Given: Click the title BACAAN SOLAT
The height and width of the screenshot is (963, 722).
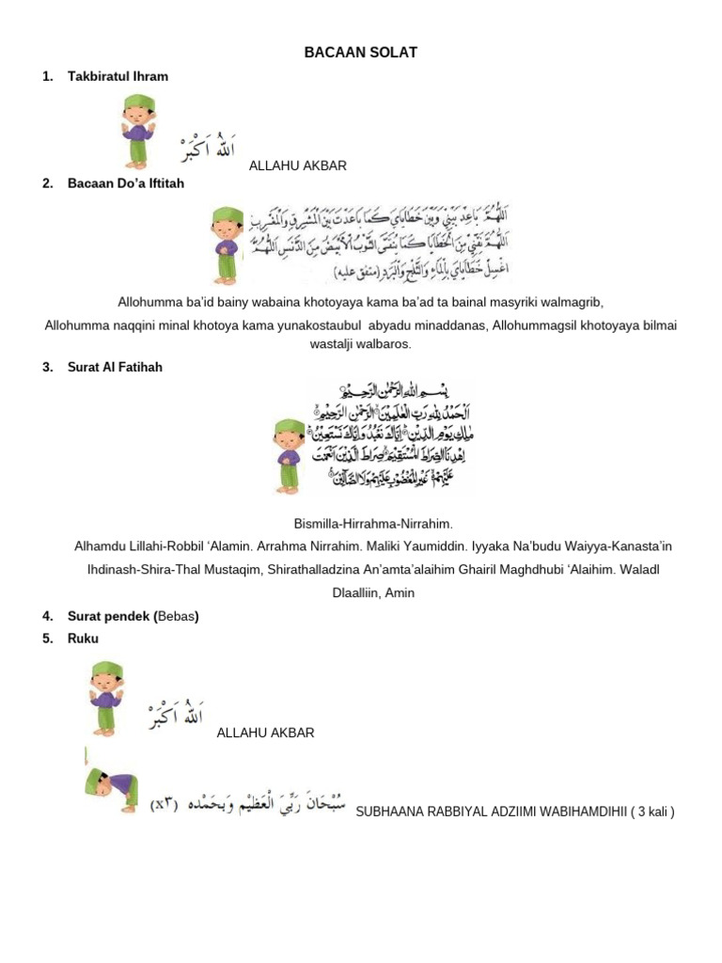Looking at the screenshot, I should [x=360, y=54].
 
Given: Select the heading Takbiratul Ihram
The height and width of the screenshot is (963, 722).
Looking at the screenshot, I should [x=118, y=76].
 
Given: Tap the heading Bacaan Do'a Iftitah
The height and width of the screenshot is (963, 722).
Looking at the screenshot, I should [x=126, y=183].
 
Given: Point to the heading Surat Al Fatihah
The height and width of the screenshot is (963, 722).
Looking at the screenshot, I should [x=115, y=367].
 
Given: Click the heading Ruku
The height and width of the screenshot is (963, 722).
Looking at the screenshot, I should [x=83, y=638].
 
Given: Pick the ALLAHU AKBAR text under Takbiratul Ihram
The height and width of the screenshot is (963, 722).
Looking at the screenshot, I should [x=298, y=166].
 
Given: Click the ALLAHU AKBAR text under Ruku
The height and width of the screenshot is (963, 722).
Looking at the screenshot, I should [x=265, y=733].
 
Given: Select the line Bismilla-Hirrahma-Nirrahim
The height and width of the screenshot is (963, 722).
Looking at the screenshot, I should [x=360, y=522].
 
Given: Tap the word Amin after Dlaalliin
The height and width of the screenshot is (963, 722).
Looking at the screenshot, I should [x=399, y=592].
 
